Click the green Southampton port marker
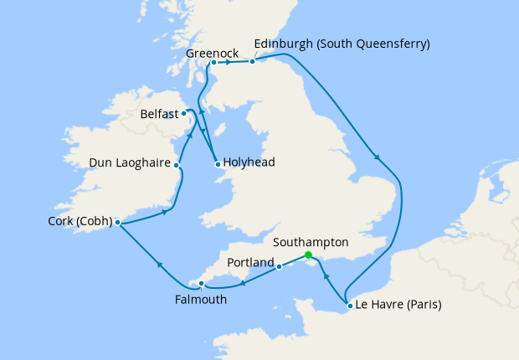(x=308, y=255)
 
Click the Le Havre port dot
(x=349, y=306)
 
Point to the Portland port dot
(x=279, y=268)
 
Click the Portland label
(x=250, y=263)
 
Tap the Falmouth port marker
(x=201, y=284)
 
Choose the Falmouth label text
(x=201, y=299)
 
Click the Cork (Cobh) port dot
(x=117, y=223)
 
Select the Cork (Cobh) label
(x=80, y=223)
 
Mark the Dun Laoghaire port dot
(x=177, y=165)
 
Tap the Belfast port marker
(x=183, y=111)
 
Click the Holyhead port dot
(x=217, y=164)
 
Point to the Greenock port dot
(x=213, y=62)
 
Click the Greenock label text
(x=212, y=51)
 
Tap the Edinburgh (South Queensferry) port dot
(x=253, y=60)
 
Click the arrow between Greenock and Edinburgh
(x=229, y=62)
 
